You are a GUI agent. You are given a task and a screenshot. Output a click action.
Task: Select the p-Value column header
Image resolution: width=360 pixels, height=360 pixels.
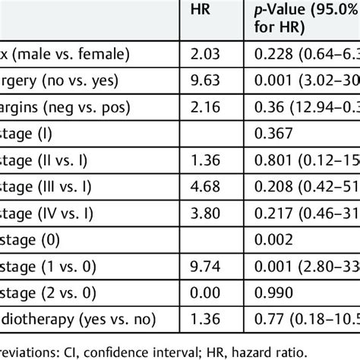304,18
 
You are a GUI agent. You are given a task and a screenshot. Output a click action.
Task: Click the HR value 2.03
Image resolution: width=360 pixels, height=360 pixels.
203,55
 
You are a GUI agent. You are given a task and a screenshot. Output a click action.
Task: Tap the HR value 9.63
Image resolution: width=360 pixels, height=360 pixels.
203,81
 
